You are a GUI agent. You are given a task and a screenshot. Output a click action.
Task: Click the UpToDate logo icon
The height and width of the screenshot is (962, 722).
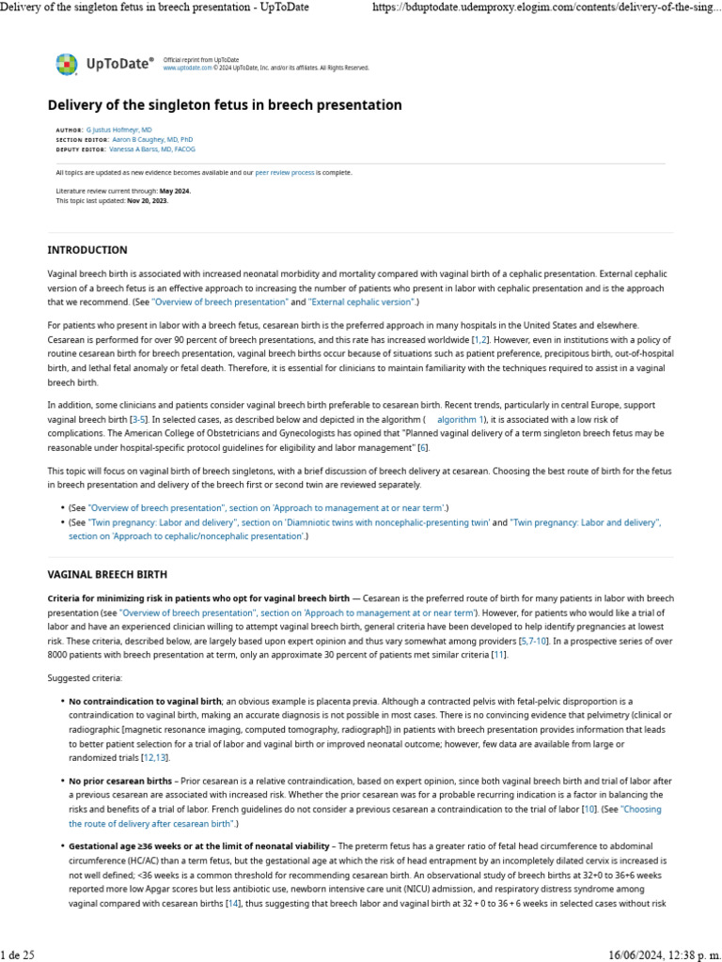coord(66,64)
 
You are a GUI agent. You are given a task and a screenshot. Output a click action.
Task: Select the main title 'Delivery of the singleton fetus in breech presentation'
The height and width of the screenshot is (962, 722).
coord(225,105)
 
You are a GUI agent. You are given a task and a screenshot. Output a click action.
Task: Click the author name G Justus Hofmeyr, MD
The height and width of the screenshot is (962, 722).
coord(119,129)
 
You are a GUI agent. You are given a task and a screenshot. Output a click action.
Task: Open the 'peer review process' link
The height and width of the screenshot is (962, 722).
coord(284,173)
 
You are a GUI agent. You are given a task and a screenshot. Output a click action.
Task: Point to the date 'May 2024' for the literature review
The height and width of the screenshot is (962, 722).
coord(175,191)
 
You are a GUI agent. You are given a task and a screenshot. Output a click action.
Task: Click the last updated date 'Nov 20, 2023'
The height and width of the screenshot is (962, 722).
coord(148,200)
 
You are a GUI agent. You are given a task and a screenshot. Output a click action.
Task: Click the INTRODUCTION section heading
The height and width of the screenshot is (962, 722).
coord(87,250)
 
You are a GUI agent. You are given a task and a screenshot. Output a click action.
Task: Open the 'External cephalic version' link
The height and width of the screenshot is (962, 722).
coord(361,303)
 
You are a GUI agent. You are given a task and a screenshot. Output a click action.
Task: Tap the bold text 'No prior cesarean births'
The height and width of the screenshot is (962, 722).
coord(120,781)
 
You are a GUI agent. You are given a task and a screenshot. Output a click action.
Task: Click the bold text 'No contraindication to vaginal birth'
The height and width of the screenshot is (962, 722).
coord(145,701)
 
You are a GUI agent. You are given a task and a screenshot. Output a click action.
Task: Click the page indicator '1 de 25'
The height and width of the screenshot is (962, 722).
coord(18,955)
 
